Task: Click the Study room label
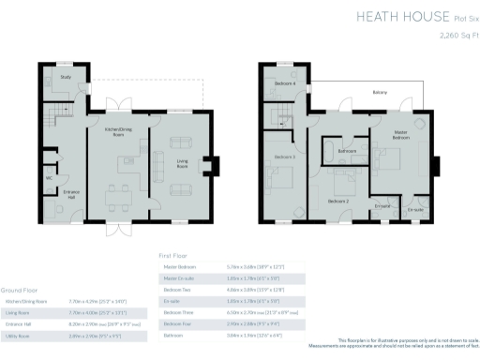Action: coord(65,77)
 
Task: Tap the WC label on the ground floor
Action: coord(48,176)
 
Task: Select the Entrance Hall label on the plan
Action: coord(70,195)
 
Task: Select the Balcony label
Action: coord(379,93)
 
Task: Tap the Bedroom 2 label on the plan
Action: coord(338,201)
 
